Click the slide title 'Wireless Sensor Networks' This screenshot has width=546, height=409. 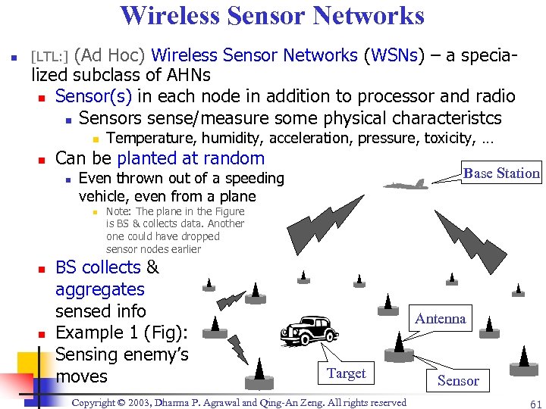(x=272, y=16)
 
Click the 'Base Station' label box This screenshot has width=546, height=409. (x=501, y=173)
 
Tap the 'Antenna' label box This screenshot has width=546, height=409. (x=440, y=318)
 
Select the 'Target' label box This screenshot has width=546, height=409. (x=346, y=373)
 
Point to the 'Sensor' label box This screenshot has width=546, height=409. (x=458, y=380)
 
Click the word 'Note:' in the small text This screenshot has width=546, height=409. (x=119, y=211)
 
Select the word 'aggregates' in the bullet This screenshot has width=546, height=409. (x=99, y=289)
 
